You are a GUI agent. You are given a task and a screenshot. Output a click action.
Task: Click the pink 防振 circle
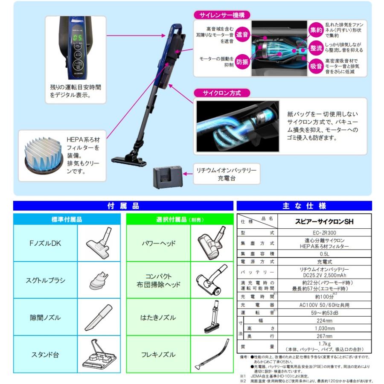[x=242, y=62]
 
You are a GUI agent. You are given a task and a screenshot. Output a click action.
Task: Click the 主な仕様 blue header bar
[x=304, y=206]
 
